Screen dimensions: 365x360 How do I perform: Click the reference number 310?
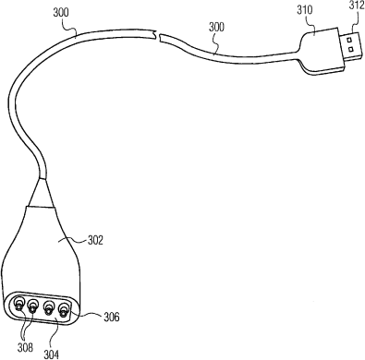305,10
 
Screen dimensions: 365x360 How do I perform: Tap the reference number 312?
357,6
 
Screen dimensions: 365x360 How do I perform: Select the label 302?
95,240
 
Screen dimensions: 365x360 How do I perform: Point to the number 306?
111,317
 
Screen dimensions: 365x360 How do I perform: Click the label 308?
25,348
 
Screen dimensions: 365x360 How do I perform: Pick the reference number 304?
51,354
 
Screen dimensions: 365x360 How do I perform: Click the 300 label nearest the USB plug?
216,27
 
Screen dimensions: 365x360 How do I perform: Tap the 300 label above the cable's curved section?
61,13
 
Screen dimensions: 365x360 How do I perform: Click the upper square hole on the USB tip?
349,40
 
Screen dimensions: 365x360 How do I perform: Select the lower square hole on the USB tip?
350,49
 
